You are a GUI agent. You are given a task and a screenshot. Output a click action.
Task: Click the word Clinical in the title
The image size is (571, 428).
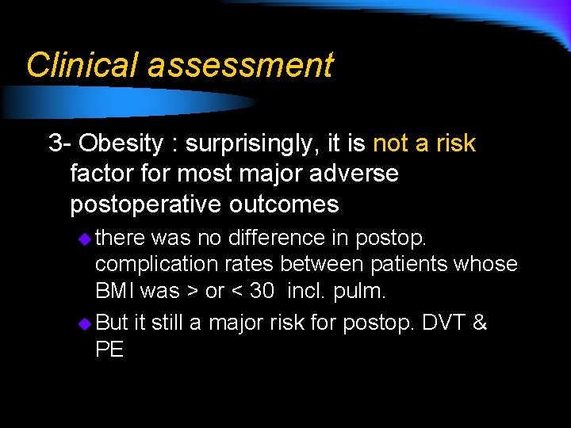click(x=82, y=65)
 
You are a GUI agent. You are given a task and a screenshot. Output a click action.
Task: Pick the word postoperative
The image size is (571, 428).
click(x=147, y=204)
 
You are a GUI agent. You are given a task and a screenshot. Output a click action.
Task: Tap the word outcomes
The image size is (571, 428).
click(x=285, y=204)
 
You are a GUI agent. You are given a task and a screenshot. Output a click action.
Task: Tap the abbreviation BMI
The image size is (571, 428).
click(x=115, y=291)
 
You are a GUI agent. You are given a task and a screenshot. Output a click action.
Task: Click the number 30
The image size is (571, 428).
click(x=262, y=291)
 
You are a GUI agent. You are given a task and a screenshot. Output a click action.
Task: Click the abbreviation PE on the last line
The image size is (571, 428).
click(x=109, y=350)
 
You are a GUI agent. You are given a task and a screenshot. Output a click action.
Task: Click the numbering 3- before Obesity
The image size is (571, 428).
click(x=60, y=143)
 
